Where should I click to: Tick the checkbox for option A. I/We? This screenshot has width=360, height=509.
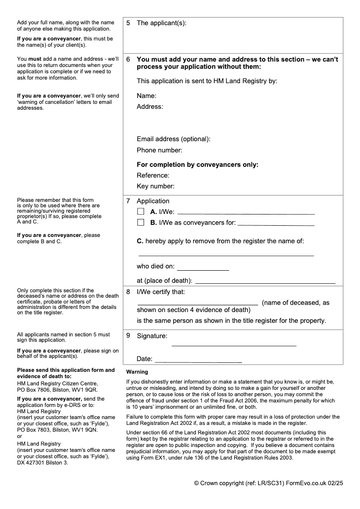[x=141, y=211]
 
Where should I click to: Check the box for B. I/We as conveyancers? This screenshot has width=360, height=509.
[x=141, y=222]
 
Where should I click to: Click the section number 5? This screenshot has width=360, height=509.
[x=128, y=23]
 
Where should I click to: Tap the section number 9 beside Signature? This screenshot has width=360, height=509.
[x=128, y=336]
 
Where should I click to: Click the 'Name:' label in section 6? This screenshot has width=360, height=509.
[x=147, y=96]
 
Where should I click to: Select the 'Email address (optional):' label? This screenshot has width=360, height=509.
[x=174, y=139]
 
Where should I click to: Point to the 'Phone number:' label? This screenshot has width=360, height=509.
[x=160, y=150]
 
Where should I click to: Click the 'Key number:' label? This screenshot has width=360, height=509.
[x=156, y=186]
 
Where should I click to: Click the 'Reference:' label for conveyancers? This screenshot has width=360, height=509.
[x=153, y=175]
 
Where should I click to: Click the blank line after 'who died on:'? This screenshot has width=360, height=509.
[x=203, y=269]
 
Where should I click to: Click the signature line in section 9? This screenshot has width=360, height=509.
[x=234, y=345]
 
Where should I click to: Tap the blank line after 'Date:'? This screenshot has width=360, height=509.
[x=198, y=362]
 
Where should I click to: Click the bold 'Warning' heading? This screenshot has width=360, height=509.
[x=137, y=372]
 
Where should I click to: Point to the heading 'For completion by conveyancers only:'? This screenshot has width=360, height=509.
[x=198, y=165]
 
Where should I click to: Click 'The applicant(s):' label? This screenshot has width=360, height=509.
[x=162, y=23]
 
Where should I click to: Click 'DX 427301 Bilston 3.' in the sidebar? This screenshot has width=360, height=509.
[x=43, y=463]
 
